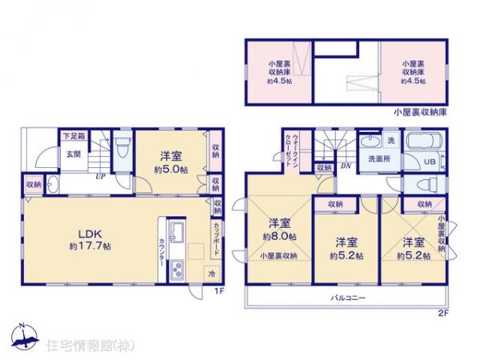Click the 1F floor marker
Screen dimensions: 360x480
[x=218, y=291]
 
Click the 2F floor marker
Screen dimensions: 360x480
[x=443, y=312]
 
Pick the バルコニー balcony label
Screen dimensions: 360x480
[x=348, y=298]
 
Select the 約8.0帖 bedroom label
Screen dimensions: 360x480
[x=280, y=231]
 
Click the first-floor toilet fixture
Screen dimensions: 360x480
[x=120, y=150]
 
